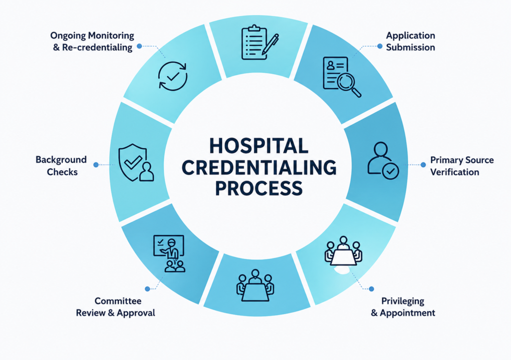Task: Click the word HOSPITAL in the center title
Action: pyautogui.click(x=258, y=145)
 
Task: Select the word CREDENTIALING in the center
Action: pyautogui.click(x=259, y=167)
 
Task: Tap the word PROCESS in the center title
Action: pyautogui.click(x=259, y=188)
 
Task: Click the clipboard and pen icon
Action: pyautogui.click(x=259, y=42)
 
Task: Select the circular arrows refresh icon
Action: pyautogui.click(x=173, y=76)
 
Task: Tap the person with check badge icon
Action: pyautogui.click(x=383, y=160)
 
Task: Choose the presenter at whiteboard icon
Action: pyautogui.click(x=169, y=253)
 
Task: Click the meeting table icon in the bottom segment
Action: pyautogui.click(x=255, y=286)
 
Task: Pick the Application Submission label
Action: pyautogui.click(x=410, y=41)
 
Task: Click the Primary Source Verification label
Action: pyautogui.click(x=462, y=166)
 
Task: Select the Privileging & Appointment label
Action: pyautogui.click(x=403, y=307)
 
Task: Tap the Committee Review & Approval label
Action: pyautogui.click(x=116, y=307)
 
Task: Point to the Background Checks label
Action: pyautogui.click(x=61, y=166)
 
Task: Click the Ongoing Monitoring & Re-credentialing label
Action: pyautogui.click(x=92, y=41)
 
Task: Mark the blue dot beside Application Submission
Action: pyautogui.click(x=380, y=46)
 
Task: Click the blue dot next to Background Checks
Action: pyautogui.click(x=96, y=165)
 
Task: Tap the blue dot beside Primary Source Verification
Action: pyautogui.click(x=423, y=165)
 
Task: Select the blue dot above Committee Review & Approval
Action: pyautogui.click(x=147, y=289)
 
